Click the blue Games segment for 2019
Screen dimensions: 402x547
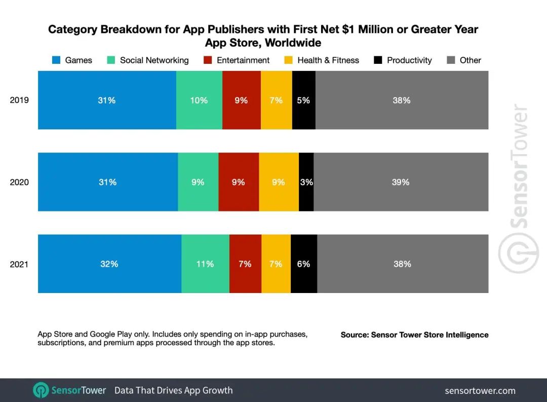pos(107,100)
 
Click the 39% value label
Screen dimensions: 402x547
pos(400,182)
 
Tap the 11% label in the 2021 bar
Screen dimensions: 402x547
pos(205,264)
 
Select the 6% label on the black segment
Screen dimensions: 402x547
pos(303,264)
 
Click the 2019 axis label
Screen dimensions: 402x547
pos(19,100)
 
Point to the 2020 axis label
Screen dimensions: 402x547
pos(19,182)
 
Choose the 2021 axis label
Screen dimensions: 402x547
pos(19,264)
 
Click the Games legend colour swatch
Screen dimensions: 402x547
pos(57,60)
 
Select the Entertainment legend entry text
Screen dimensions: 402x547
pos(243,60)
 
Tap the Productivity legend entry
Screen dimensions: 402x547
pos(409,60)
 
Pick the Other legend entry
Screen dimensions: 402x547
pos(470,60)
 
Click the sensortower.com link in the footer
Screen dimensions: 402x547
pos(480,390)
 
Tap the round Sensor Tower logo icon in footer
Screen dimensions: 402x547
pos(41,390)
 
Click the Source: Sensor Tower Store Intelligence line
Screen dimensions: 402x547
pos(414,335)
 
